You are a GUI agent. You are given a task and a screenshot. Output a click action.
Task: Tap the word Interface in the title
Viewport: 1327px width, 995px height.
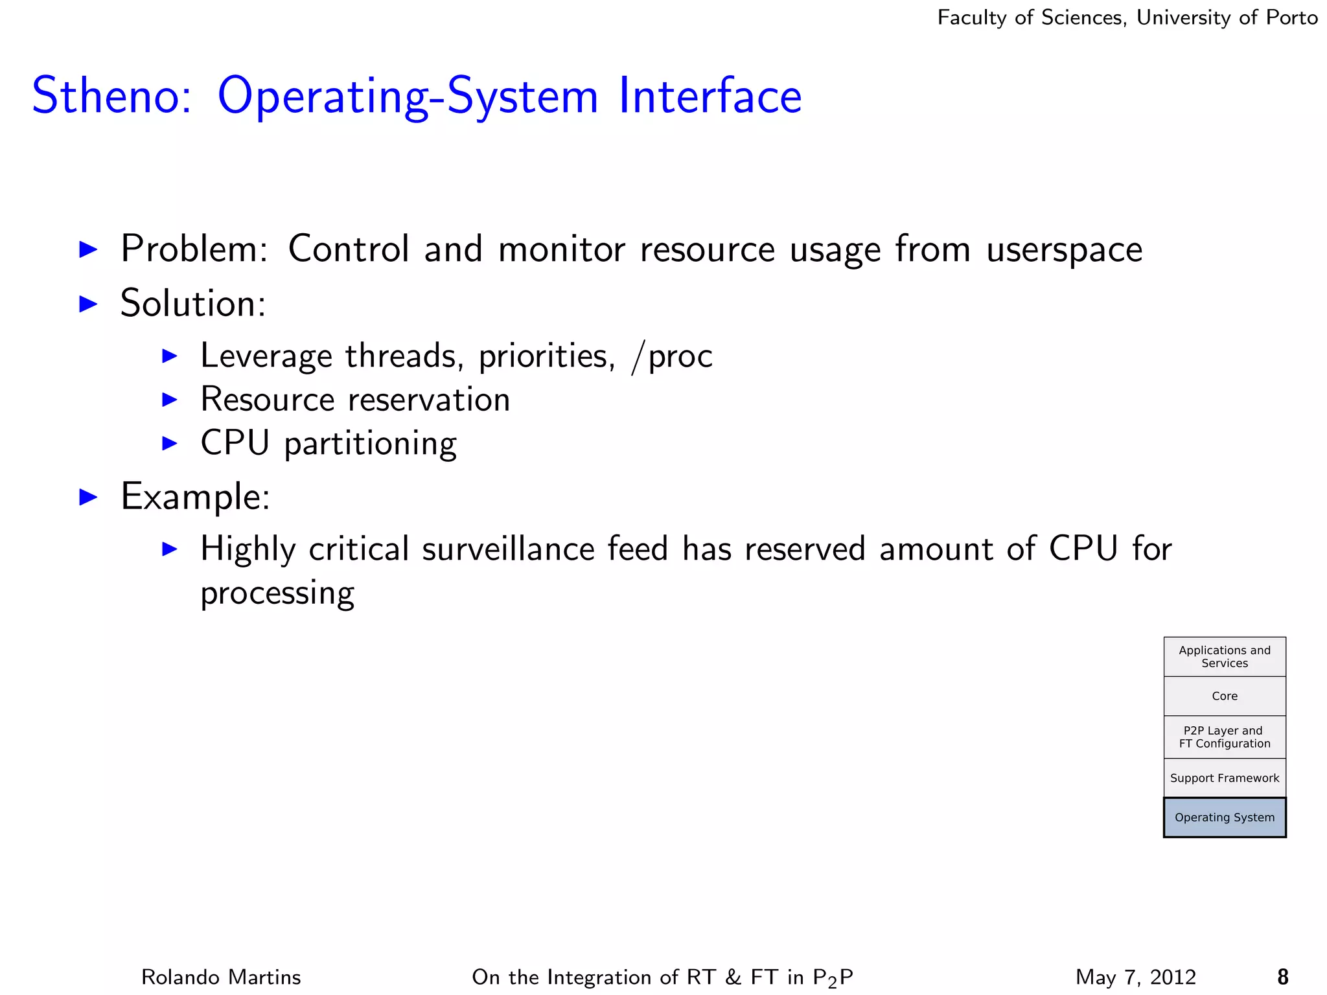coord(710,96)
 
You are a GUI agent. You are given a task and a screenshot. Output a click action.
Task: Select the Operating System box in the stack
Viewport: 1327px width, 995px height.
coord(1224,818)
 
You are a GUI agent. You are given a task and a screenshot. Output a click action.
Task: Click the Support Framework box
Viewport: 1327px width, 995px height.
coord(1224,778)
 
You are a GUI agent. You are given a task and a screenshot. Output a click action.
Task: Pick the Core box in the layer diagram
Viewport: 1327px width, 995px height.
coord(1224,696)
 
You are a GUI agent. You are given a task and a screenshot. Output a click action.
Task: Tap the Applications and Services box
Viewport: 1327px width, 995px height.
coord(1224,657)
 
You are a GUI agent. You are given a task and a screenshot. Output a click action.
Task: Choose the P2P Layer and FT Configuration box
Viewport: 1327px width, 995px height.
coord(1224,737)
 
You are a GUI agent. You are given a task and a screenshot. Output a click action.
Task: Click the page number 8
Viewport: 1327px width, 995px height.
coord(1282,976)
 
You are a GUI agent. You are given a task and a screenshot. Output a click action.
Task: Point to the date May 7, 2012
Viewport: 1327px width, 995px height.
coord(1135,976)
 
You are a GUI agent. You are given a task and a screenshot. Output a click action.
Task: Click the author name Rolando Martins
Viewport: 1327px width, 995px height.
coord(221,976)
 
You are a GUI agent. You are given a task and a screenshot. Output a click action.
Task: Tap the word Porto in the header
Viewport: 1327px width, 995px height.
coord(1291,17)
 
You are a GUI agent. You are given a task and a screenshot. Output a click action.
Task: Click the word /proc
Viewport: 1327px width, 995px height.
coord(672,356)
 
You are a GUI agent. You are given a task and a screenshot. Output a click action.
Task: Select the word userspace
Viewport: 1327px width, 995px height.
coord(1064,250)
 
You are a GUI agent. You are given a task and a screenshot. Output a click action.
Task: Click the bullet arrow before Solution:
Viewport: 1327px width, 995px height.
coord(88,303)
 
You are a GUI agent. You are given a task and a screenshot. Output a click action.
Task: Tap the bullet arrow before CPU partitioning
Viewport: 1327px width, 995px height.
coord(170,443)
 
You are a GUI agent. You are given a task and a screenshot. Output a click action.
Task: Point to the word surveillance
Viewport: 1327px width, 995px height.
coord(508,549)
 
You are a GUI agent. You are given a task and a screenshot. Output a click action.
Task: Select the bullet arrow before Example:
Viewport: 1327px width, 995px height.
coord(88,497)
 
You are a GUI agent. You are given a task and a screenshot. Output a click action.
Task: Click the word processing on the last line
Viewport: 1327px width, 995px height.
coord(277,593)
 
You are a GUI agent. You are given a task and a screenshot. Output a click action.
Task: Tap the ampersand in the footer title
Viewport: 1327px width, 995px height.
coord(733,976)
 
